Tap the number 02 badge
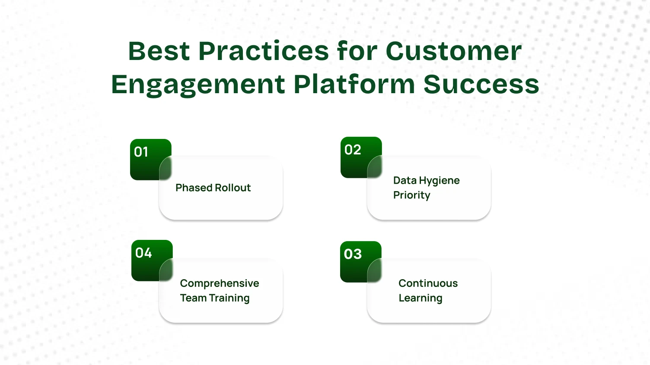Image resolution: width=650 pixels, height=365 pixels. click(x=357, y=153)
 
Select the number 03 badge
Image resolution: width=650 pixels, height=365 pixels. click(x=357, y=257)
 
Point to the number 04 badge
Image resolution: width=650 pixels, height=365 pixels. click(x=148, y=256)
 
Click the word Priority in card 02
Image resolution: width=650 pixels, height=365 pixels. click(x=411, y=195)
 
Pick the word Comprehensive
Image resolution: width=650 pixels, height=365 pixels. click(x=220, y=283)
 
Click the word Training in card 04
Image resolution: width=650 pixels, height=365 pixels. click(x=229, y=298)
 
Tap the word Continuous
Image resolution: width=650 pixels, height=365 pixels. click(x=428, y=283)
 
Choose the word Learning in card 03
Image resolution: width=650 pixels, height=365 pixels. click(x=420, y=298)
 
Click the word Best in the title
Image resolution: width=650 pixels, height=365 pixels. click(x=159, y=51)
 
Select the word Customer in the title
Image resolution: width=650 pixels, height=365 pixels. click(x=453, y=51)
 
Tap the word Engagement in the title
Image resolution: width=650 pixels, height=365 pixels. click(x=198, y=84)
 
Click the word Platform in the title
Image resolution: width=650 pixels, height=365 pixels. click(x=354, y=84)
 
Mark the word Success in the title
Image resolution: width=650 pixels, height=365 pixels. click(x=481, y=84)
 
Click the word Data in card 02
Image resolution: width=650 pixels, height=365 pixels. click(x=405, y=180)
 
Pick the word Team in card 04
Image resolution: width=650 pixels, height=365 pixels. click(x=193, y=298)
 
